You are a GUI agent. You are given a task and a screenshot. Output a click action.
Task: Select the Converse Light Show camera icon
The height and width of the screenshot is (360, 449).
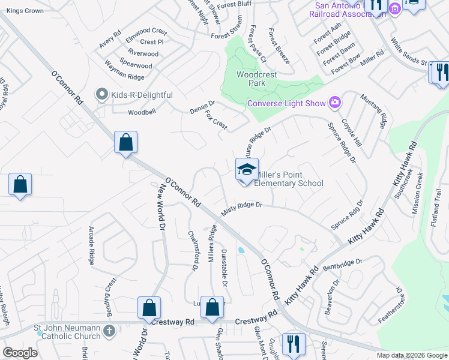click(x=335, y=103)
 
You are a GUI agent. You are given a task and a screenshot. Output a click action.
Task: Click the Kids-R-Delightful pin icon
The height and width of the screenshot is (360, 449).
click(x=101, y=95)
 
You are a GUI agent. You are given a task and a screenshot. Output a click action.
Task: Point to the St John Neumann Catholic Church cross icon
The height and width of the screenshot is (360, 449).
click(x=109, y=331)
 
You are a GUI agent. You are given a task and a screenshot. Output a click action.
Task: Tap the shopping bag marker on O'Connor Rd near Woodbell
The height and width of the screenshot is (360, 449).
click(x=125, y=143)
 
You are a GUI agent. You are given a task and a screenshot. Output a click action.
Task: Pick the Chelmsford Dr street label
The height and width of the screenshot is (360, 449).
click(x=193, y=251)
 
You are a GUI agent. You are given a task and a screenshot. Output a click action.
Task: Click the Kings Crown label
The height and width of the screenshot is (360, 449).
click(x=26, y=11)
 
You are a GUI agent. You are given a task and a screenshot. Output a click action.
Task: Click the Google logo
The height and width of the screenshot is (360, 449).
click(x=20, y=353)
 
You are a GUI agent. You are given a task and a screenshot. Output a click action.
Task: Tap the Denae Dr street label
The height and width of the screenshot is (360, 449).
click(x=202, y=103)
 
